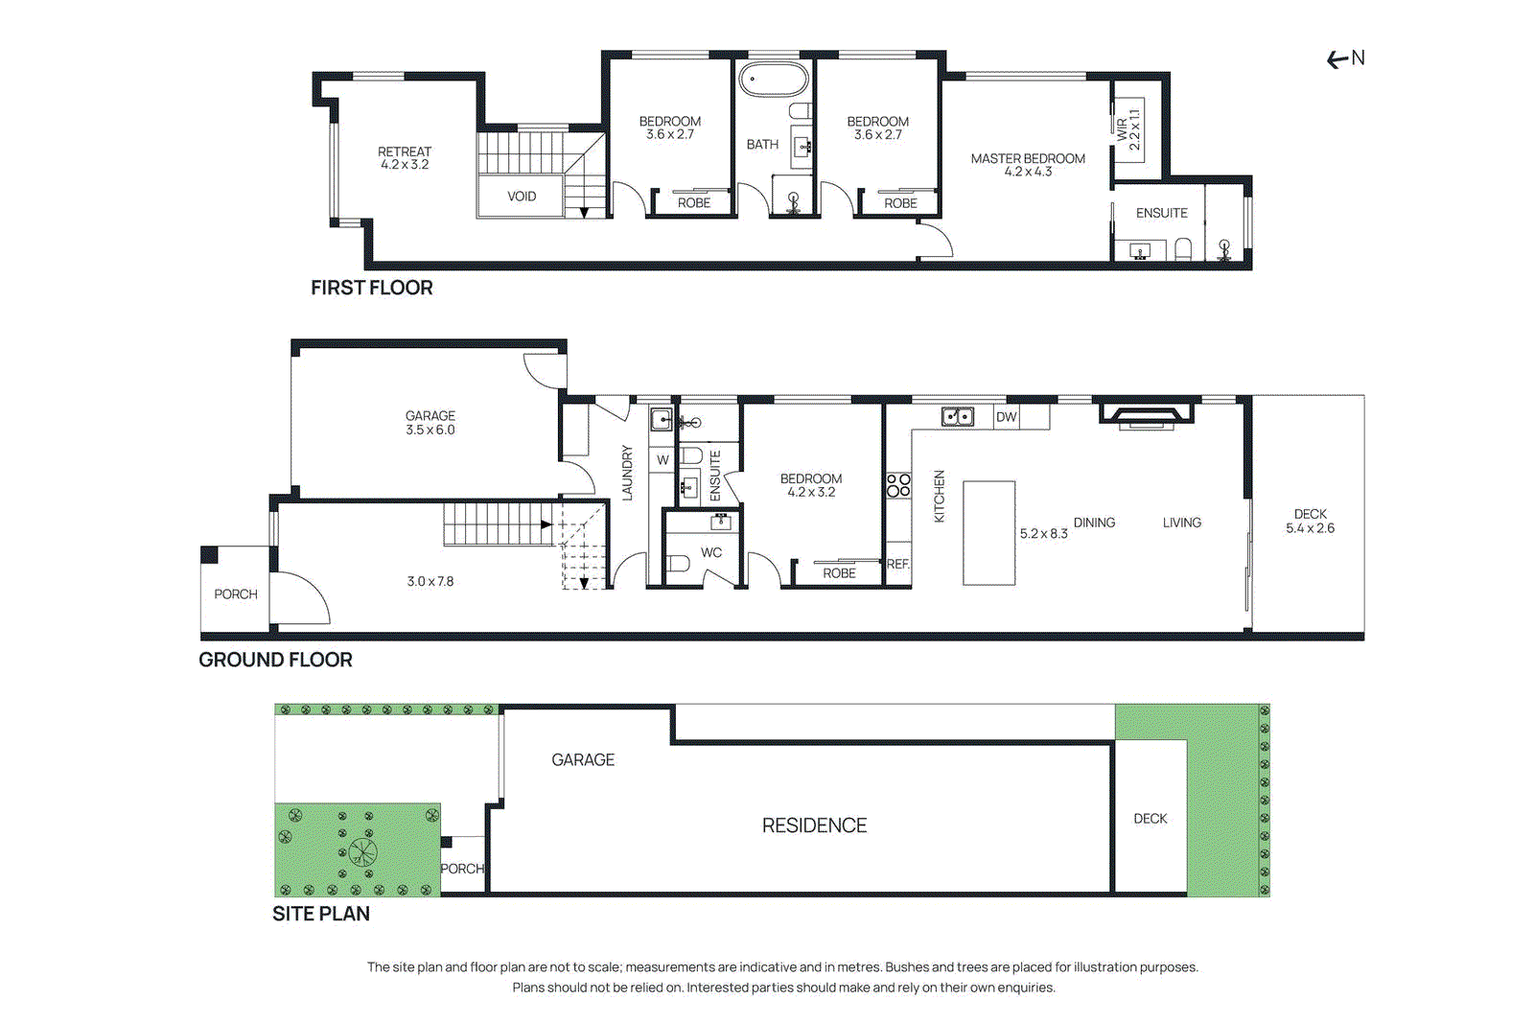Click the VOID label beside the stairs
tap(522, 197)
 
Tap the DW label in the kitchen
tap(1006, 417)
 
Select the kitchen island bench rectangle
tap(988, 533)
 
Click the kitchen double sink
tap(957, 417)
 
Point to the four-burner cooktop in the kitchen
tap(898, 485)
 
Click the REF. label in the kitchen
tap(897, 564)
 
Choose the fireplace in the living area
tap(1147, 414)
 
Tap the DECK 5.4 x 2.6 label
tap(1310, 522)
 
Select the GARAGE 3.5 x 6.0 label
tap(430, 423)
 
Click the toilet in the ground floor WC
tap(679, 563)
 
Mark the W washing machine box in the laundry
tap(662, 460)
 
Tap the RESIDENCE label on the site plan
tap(814, 825)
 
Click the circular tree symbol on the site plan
tap(362, 851)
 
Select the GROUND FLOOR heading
tap(275, 660)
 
